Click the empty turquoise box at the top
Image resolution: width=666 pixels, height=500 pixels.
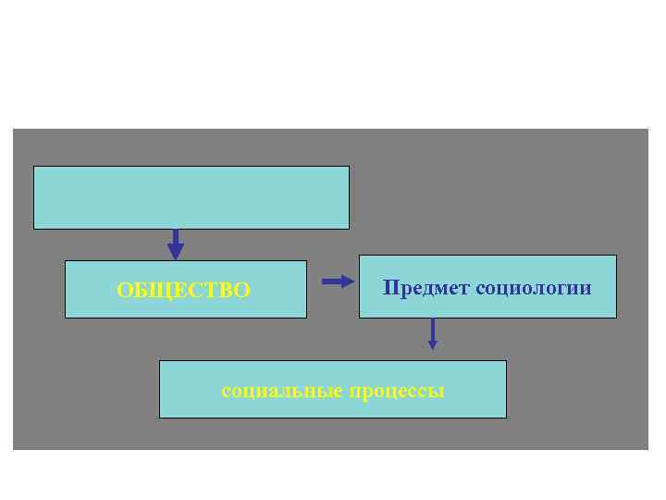191,197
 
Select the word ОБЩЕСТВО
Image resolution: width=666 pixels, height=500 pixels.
183,291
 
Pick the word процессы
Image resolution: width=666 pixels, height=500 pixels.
397,392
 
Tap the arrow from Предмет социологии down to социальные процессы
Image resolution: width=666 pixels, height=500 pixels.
432,333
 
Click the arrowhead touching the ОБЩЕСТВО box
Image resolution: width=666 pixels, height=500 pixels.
175,252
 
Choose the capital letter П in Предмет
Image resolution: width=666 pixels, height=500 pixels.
389,288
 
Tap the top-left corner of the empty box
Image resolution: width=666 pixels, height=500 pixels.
34,167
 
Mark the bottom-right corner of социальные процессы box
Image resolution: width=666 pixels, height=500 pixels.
506,418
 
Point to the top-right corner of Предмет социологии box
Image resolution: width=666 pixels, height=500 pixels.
616,256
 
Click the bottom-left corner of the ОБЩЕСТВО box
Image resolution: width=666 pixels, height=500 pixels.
66,318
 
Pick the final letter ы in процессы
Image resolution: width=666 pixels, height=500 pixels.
438,392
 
